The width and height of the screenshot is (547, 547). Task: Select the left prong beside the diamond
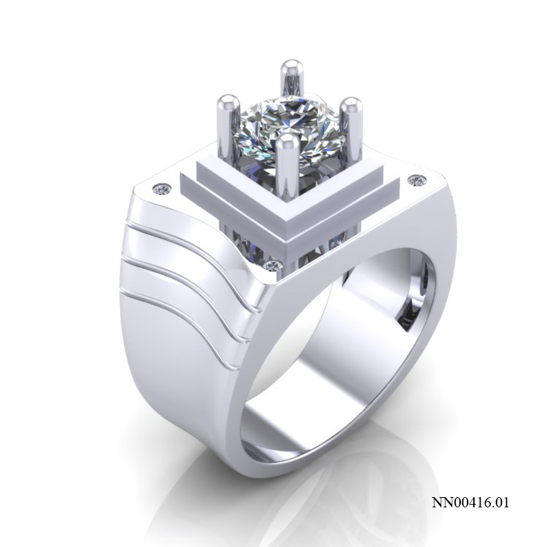point(226,126)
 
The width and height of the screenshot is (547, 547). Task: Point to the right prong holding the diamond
point(351,126)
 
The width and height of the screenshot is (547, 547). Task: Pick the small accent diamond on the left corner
point(162,187)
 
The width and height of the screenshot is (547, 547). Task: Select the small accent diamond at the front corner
point(274,265)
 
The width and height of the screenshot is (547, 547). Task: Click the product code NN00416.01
point(470,503)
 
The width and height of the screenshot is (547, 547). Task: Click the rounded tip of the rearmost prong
point(291,67)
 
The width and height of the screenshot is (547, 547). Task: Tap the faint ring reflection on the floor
point(356,499)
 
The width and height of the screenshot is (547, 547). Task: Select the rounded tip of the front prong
point(289,142)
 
